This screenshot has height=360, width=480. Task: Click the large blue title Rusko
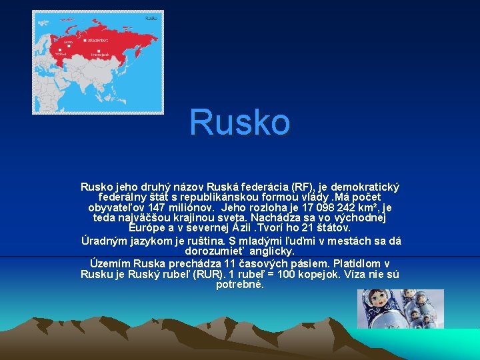point(240,123)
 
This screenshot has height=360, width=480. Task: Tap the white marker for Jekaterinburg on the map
point(86,41)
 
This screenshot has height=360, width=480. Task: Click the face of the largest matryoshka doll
point(377,299)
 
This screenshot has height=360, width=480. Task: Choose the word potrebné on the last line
point(240,285)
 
